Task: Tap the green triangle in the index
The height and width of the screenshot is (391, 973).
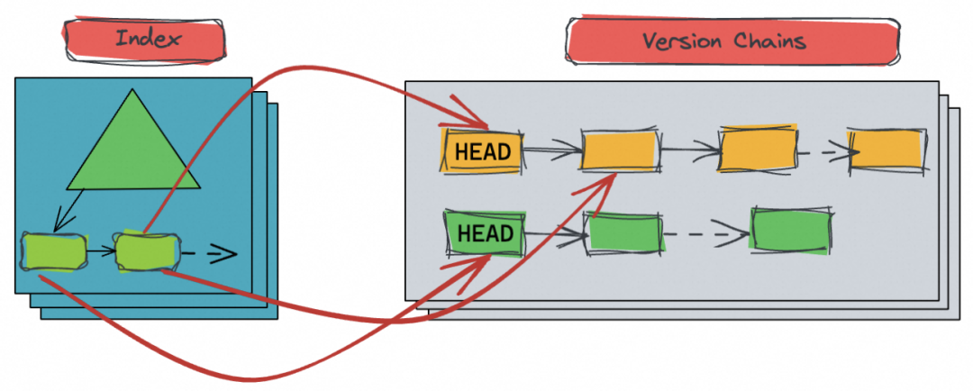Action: pos(133,149)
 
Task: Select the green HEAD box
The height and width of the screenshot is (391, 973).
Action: pos(485,234)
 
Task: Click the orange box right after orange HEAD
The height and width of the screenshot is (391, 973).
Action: pos(620,150)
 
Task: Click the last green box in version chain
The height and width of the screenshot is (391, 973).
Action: pos(791,232)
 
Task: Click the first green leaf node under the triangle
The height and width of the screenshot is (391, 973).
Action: pos(55,250)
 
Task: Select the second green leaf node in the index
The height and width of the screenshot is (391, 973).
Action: pos(144,250)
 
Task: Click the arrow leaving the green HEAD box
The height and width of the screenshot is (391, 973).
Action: pos(553,236)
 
